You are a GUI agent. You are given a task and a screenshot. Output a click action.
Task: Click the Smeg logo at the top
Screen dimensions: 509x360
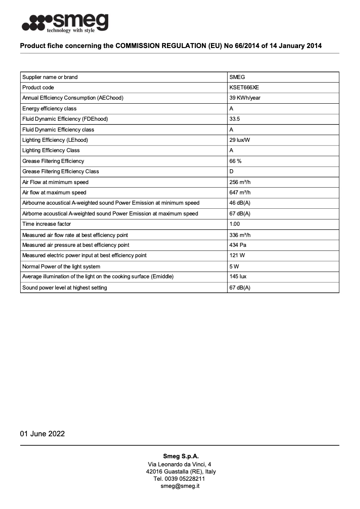coord(65,22)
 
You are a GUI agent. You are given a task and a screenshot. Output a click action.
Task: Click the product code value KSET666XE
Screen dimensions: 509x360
coord(244,88)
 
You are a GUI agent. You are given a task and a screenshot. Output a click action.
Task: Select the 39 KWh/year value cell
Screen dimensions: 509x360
coord(245,98)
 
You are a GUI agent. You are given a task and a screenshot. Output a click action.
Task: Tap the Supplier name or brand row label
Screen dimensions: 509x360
coord(50,77)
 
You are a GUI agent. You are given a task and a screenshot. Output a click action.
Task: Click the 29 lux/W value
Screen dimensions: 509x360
coord(240,140)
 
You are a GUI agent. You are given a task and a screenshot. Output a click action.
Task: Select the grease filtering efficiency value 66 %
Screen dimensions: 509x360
coord(235,161)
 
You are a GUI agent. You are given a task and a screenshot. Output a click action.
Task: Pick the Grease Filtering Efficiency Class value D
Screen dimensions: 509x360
coord(232,171)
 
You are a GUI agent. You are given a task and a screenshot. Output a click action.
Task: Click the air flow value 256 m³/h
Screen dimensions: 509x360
coord(240,182)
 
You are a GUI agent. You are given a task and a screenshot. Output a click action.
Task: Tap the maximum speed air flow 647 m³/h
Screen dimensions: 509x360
coord(240,193)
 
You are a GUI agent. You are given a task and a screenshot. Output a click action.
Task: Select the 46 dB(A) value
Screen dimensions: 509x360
coord(240,203)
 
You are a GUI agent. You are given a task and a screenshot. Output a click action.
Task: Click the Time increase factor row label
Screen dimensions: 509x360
coord(47,224)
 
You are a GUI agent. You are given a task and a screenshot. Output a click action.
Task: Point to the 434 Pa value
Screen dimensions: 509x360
coord(237,245)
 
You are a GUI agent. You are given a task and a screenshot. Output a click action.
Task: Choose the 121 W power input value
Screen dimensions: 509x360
coord(237,255)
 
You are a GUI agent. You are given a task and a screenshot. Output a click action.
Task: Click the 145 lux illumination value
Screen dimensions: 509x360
coord(238,276)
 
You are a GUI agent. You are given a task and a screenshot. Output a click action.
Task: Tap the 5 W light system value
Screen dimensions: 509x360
coord(234,266)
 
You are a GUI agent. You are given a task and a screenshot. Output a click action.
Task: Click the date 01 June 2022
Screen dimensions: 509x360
coord(42,434)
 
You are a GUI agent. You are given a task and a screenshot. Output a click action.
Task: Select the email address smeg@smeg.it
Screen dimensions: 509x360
coord(180,486)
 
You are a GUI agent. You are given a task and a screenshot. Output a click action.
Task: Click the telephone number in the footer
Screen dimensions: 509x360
coord(180,478)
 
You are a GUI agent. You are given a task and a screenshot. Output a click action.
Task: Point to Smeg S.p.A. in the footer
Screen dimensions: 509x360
coord(180,456)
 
